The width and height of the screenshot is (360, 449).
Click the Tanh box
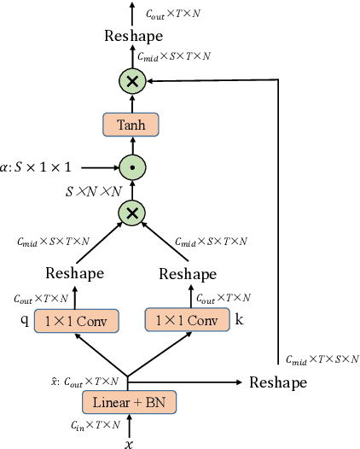tap(131, 125)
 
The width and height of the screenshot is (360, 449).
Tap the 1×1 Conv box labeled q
tap(76, 321)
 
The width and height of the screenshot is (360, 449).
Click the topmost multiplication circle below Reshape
tap(131, 82)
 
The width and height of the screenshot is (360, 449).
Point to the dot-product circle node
tap(131, 166)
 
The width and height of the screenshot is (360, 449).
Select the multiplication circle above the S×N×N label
tap(131, 213)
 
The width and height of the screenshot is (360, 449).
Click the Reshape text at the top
tap(132, 36)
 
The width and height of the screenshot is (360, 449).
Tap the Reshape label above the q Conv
tap(75, 273)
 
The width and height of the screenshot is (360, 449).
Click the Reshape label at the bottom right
tap(278, 382)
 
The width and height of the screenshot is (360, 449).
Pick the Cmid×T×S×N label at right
tap(322, 359)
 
